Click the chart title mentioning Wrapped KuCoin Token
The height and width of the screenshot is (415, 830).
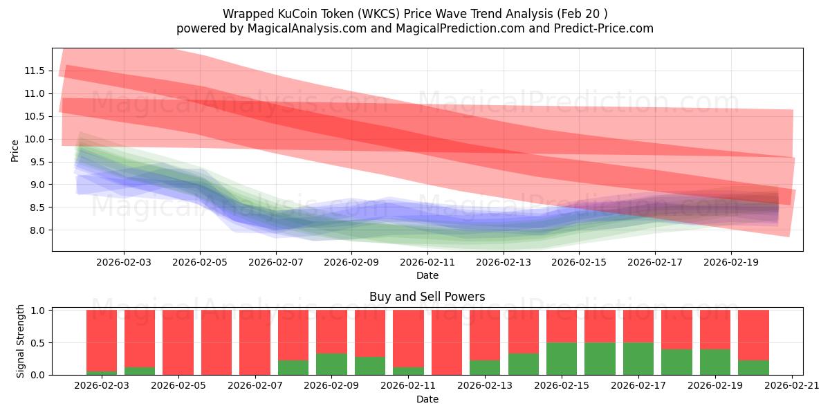415,14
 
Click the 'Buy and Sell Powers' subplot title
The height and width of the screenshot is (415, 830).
427,297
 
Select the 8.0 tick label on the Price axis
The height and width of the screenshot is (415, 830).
37,230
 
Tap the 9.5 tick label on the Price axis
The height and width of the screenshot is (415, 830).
37,162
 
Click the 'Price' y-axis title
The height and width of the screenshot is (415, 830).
15,151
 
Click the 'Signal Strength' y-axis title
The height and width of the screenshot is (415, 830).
21,341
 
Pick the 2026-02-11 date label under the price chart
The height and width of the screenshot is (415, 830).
427,262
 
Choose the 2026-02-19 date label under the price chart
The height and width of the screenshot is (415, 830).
732,262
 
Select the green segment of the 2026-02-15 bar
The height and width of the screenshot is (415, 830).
561,358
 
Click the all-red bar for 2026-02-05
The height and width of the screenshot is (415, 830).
178,342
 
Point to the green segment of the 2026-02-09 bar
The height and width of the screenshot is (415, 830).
331,364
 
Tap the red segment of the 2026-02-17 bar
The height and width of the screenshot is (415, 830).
638,326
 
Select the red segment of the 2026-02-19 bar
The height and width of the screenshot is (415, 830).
714,329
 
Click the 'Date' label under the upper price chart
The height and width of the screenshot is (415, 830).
427,275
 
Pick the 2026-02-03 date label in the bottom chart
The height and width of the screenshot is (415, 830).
102,386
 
